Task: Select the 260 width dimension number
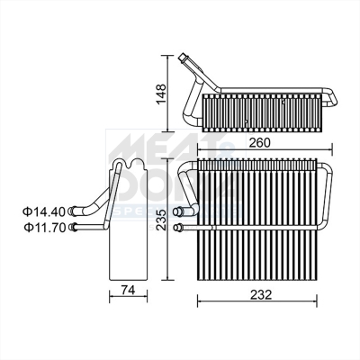[259, 141]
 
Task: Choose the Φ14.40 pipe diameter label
[43, 211]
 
